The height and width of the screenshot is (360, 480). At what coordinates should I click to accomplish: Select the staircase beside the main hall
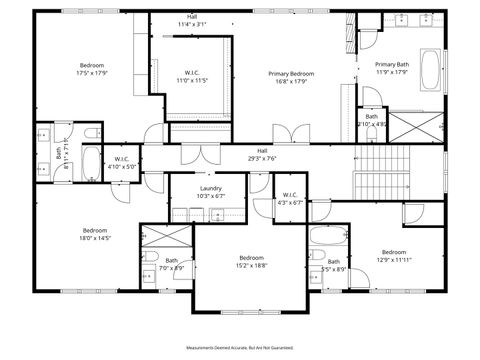pos(380,171)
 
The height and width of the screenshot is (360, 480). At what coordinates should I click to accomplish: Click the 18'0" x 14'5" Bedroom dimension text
pos(94,238)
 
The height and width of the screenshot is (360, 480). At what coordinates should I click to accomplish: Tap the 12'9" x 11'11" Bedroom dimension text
pos(394,259)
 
